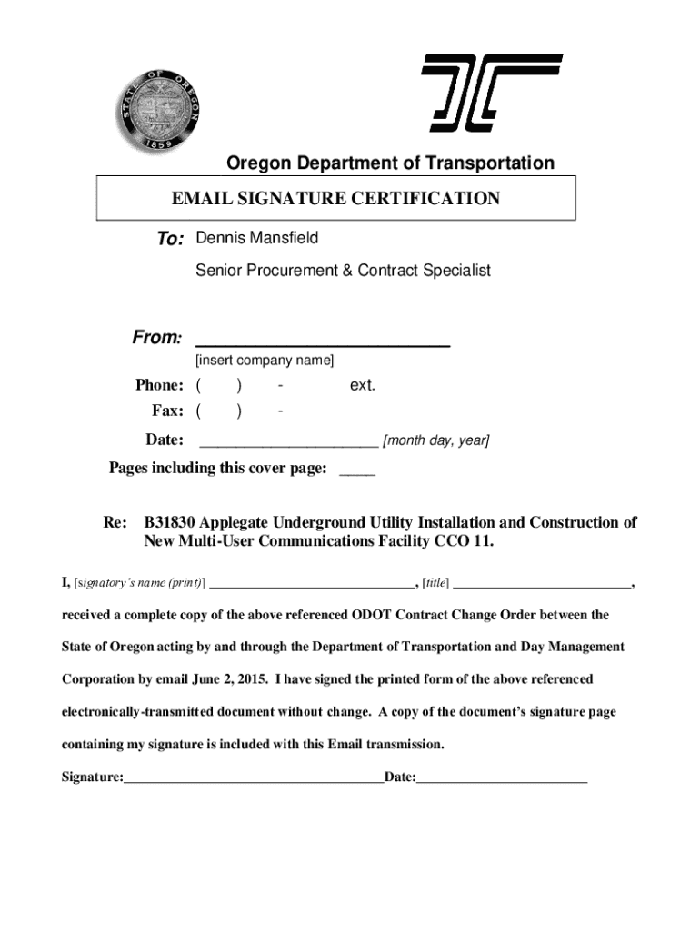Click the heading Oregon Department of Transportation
click(390, 163)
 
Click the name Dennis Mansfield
click(257, 238)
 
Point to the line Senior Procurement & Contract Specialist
click(343, 270)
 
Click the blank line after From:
click(323, 341)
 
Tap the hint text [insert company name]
click(265, 361)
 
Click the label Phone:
click(161, 386)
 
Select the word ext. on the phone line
click(363, 386)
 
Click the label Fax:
click(168, 411)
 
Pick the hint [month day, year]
click(435, 441)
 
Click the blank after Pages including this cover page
click(356, 470)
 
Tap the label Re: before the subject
click(115, 523)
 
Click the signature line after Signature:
click(254, 778)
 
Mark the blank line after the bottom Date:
click(501, 778)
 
